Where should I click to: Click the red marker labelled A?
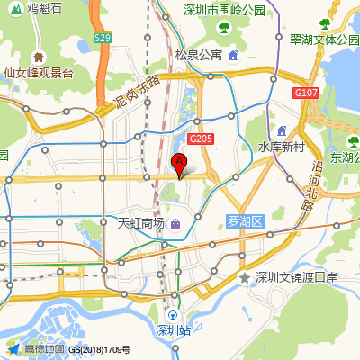[179, 164]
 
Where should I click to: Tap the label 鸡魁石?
[44, 9]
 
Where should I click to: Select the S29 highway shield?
[103, 38]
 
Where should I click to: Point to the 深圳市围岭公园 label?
[224, 9]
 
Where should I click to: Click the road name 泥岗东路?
[138, 93]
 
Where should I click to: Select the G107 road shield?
[305, 92]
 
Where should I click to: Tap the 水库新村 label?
[283, 147]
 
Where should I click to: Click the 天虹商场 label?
[141, 222]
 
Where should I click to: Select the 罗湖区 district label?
[243, 221]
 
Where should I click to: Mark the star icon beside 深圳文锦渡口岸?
[244, 278]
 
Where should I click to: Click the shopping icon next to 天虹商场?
[175, 222]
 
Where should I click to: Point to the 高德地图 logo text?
[44, 348]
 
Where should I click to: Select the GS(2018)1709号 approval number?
[100, 349]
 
